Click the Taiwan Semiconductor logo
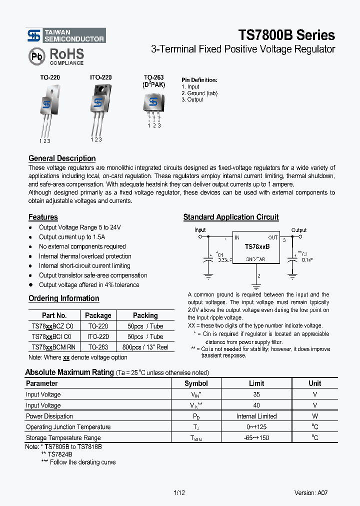click(66, 35)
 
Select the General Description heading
click(62, 158)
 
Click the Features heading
click(43, 217)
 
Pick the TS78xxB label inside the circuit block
click(257, 247)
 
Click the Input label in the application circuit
click(200, 230)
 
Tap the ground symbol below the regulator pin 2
click(256, 286)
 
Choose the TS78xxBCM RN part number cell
click(54, 347)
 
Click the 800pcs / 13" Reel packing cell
click(145, 347)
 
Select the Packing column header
click(145, 315)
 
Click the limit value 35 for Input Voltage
click(256, 394)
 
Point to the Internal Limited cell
click(256, 416)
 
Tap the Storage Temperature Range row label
click(63, 437)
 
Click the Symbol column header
click(196, 383)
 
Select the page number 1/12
click(179, 492)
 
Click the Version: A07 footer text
click(311, 492)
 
